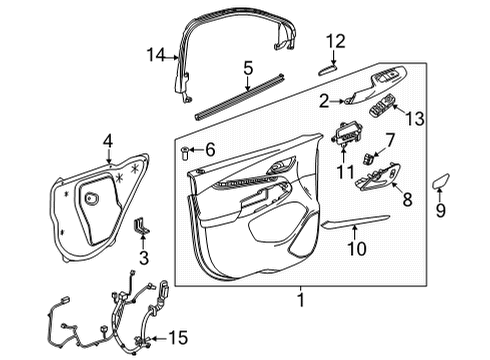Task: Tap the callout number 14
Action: point(155,55)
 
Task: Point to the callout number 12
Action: point(336,41)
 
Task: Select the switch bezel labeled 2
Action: point(354,98)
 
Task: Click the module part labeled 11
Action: point(346,134)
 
